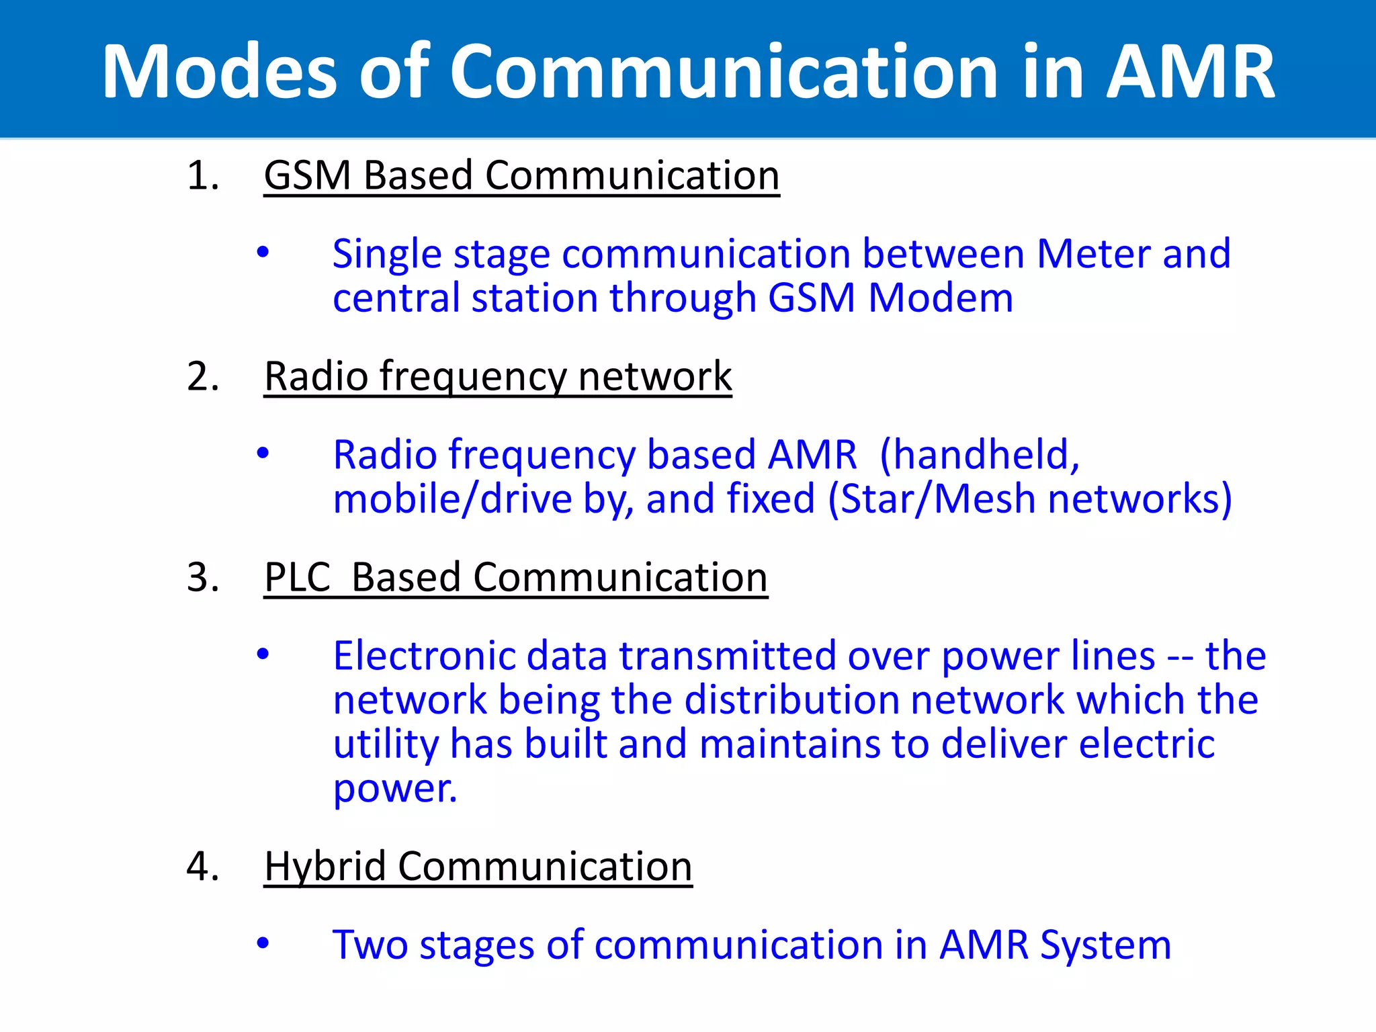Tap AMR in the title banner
coord(1190,72)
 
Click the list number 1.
coord(203,176)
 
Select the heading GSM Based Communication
coord(521,176)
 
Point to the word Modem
coord(941,298)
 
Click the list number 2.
coord(203,376)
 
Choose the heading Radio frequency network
coord(497,376)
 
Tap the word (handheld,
coord(980,455)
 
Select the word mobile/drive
coord(452,499)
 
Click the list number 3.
coord(203,577)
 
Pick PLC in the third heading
coord(298,577)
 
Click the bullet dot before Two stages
coord(263,943)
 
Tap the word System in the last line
coord(1105,945)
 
